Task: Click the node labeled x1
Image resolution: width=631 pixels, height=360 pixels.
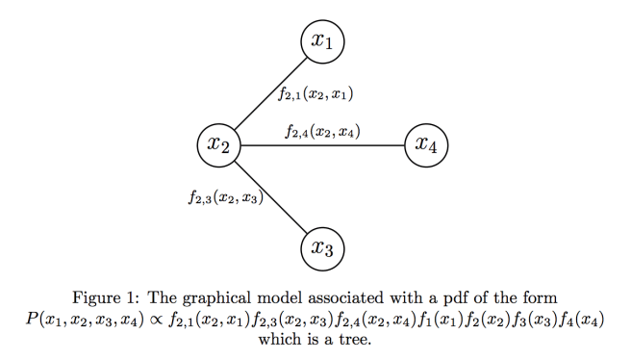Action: point(322,41)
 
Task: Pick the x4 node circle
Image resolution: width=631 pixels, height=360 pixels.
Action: point(426,145)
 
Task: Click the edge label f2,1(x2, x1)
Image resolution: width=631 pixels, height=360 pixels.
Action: point(316,94)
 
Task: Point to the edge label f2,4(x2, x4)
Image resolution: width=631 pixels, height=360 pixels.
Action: point(322,130)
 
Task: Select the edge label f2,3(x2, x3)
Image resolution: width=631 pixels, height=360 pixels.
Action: point(226,199)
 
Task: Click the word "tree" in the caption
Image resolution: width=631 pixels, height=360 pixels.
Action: point(353,339)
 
